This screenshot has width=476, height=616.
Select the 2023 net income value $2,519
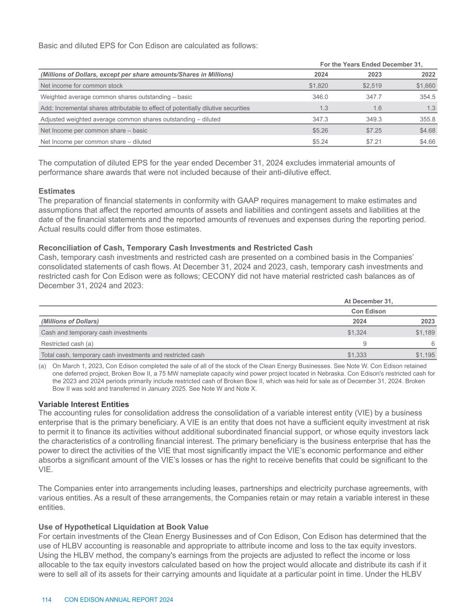pos(372,86)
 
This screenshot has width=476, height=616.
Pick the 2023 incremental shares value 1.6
pos(378,108)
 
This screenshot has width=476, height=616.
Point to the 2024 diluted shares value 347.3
pos(320,120)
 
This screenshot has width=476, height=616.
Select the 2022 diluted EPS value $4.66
pos(427,142)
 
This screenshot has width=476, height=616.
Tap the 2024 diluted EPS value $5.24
pos(320,142)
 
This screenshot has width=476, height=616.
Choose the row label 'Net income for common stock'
pos(82,86)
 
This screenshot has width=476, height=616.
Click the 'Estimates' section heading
pos(57,191)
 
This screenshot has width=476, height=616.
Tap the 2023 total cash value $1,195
pos(425,355)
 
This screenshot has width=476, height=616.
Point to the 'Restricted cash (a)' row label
pos(67,344)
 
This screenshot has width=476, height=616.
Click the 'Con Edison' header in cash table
pos(368,311)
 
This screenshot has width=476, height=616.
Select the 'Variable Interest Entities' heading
pos(84,404)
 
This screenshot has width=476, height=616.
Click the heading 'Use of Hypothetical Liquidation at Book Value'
pos(124,527)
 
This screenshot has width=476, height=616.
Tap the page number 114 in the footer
pos(46,600)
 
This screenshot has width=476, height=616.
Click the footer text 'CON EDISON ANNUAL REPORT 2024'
pos(119,600)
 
